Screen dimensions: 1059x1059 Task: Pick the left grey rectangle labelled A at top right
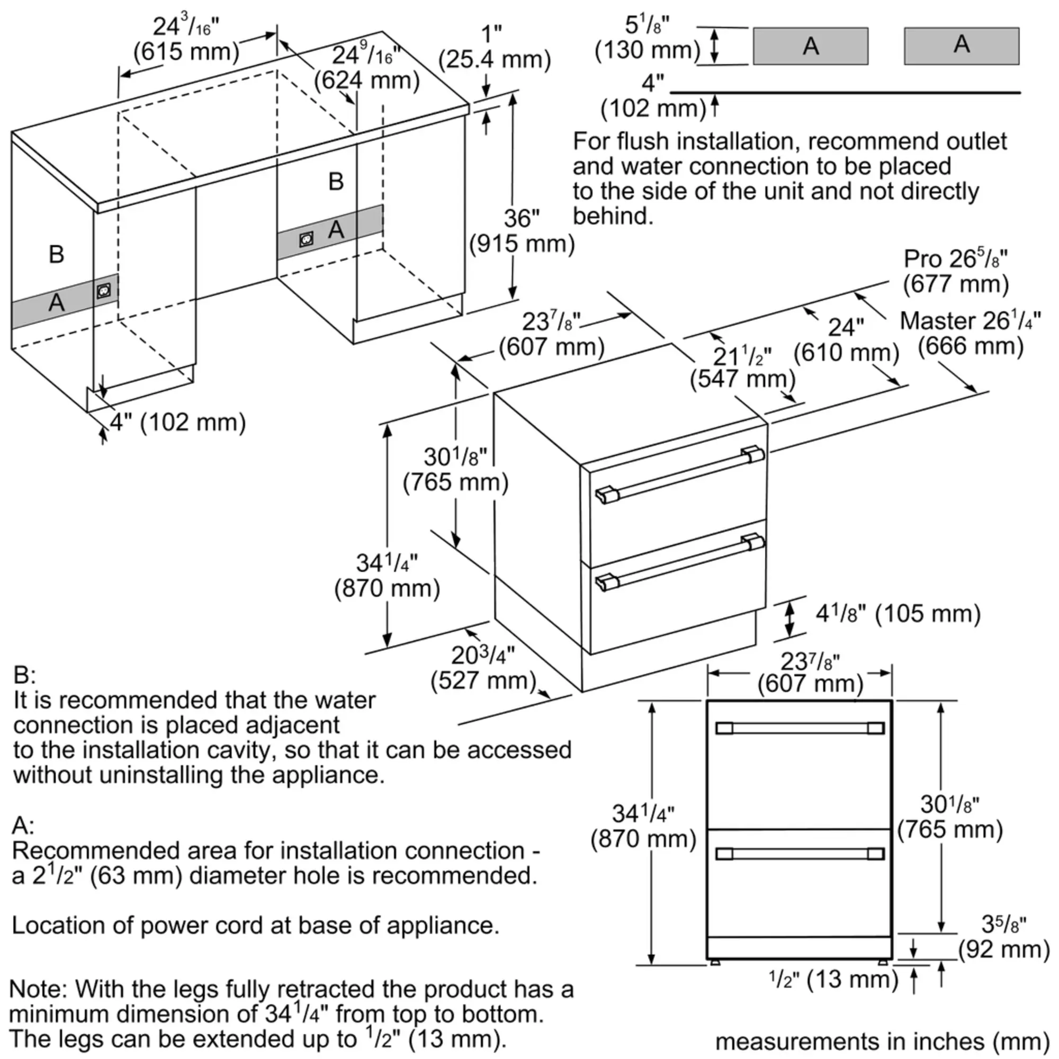click(x=810, y=46)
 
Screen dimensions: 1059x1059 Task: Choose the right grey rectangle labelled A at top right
click(x=962, y=46)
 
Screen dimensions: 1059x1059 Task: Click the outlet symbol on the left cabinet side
click(x=103, y=291)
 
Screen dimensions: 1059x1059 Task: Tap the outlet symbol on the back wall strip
click(x=307, y=239)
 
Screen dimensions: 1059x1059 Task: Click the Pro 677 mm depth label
click(x=956, y=271)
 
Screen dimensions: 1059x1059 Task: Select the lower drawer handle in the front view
click(x=800, y=854)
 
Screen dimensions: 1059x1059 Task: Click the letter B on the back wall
click(x=336, y=182)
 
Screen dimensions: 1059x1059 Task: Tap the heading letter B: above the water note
click(x=24, y=675)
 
